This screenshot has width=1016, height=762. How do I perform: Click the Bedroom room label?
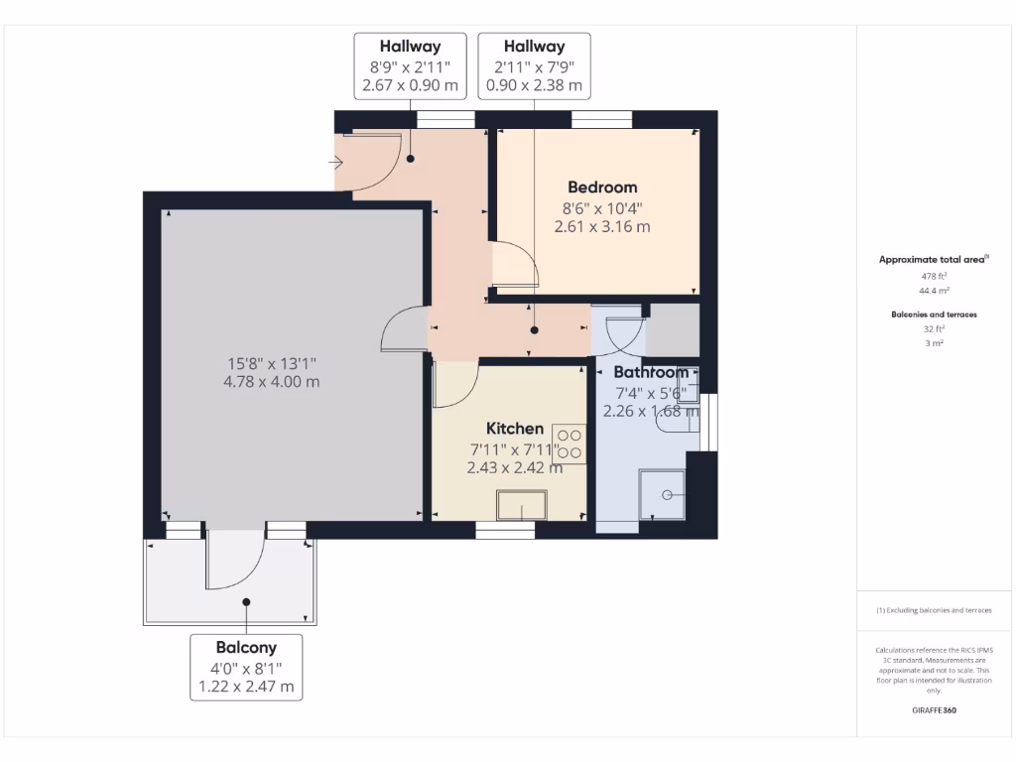coord(602,187)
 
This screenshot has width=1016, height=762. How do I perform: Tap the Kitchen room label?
coord(514,429)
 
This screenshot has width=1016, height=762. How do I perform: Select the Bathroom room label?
coord(650,372)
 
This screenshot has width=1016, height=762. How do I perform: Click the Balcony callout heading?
coord(246,647)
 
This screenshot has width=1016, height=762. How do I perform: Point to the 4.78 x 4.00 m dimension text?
coord(272,381)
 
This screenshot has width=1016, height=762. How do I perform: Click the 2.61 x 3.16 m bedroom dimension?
coord(602,226)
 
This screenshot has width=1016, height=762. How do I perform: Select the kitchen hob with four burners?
coord(570,443)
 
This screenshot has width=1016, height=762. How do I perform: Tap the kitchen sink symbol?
coord(522,505)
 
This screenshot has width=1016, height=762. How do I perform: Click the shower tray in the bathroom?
coord(664,494)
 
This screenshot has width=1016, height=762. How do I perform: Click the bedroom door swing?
coord(516,263)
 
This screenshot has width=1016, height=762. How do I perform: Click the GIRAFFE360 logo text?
coord(934,710)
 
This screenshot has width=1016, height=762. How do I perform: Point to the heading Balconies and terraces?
coord(933,314)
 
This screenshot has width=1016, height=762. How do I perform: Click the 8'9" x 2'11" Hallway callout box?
coord(411,65)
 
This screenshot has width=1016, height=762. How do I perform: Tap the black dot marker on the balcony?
coord(245,601)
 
